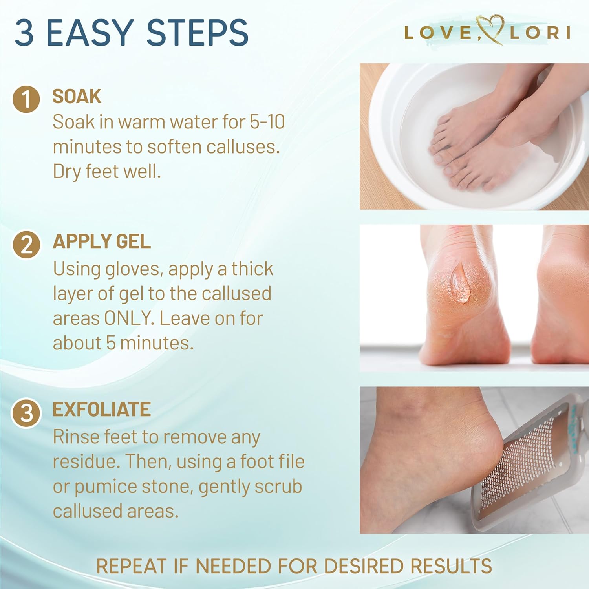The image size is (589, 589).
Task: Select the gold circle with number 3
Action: [x=26, y=413]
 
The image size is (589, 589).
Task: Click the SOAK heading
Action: [x=77, y=97]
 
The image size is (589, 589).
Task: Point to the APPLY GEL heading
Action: [x=102, y=241]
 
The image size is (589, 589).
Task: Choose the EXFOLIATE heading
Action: [x=102, y=410]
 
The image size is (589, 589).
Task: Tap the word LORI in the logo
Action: [x=540, y=33]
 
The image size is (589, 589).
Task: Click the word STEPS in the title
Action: [x=197, y=32]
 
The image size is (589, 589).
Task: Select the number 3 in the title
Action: [x=25, y=32]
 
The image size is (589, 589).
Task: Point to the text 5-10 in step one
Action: [x=267, y=122]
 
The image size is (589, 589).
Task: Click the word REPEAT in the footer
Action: [x=132, y=566]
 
